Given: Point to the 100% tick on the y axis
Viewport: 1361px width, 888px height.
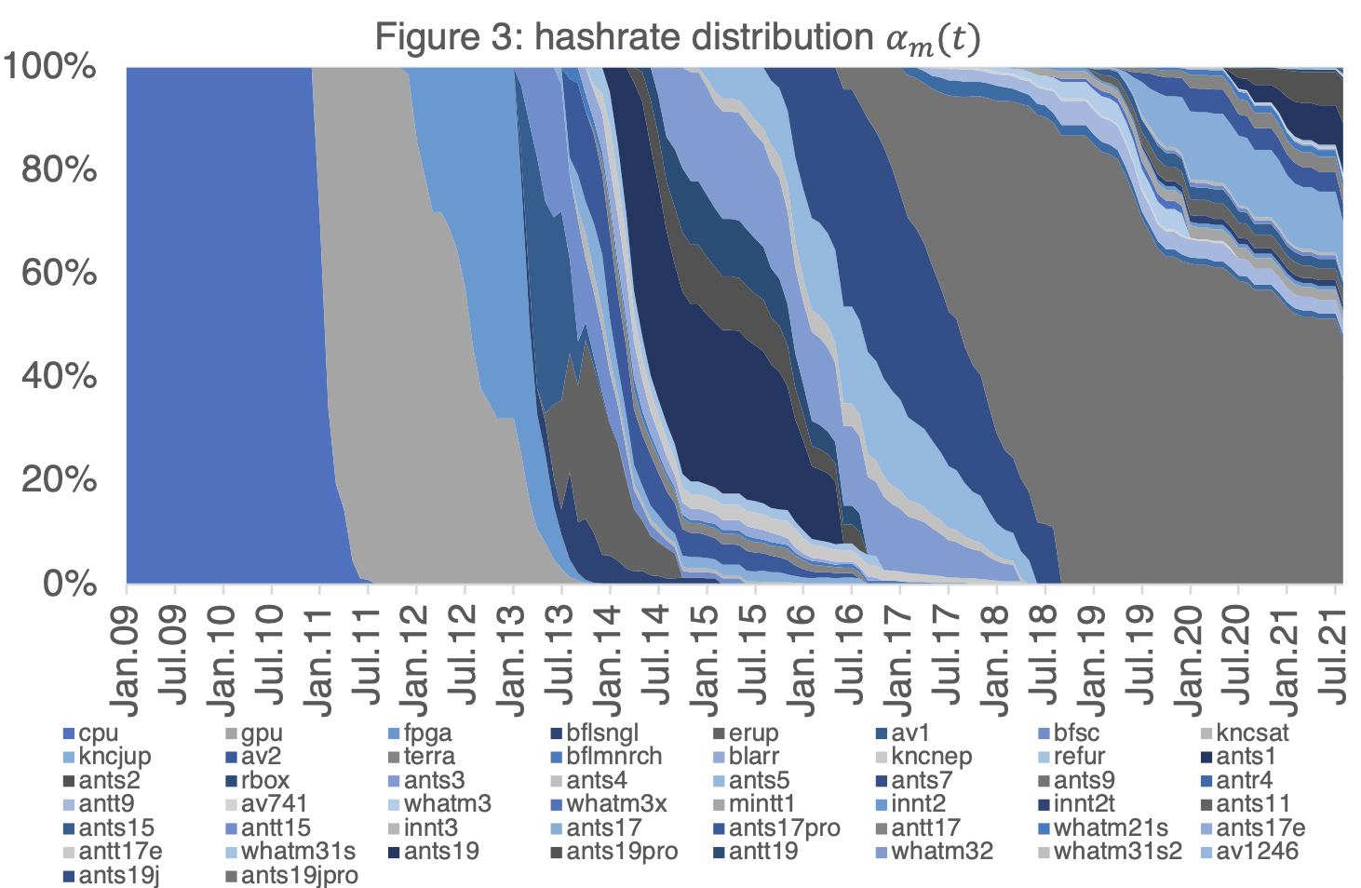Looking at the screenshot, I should (50, 67).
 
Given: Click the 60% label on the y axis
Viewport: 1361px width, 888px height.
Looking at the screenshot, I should (59, 274).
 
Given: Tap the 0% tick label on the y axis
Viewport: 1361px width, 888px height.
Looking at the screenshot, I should (70, 584).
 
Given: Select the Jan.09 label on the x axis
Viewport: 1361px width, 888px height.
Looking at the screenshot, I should (125, 662).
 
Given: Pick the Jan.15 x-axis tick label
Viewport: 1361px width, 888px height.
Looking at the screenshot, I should (706, 662).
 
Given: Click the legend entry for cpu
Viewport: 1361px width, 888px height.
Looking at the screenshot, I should (98, 733).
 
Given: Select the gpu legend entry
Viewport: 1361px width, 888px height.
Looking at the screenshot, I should (261, 733).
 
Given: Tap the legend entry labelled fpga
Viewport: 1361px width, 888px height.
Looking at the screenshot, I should (427, 733).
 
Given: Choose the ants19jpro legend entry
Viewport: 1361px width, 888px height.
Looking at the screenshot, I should (298, 875).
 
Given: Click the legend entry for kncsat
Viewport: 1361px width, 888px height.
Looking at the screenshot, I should (1252, 733).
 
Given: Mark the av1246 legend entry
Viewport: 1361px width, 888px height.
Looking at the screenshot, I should (1256, 851).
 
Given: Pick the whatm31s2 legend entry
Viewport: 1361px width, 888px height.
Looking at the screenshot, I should (1116, 851).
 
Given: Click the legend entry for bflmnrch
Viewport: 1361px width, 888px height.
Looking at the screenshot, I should (613, 757).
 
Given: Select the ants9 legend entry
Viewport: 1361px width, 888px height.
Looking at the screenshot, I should (1084, 781).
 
